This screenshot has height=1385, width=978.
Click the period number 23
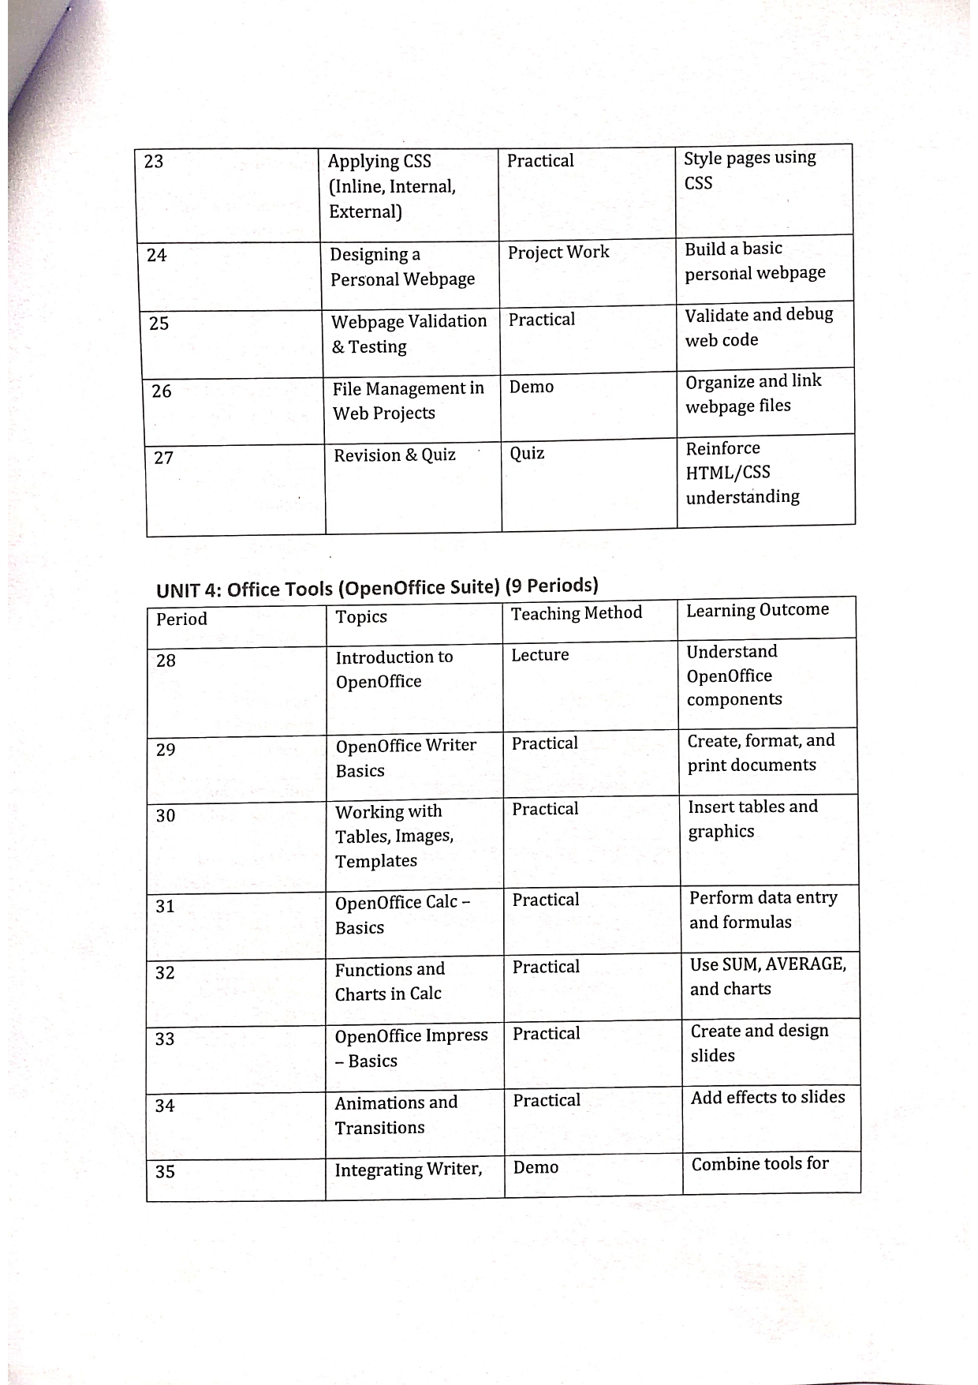click(x=154, y=162)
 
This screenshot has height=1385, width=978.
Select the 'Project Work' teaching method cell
click(x=558, y=252)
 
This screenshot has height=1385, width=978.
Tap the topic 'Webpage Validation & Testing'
click(x=409, y=334)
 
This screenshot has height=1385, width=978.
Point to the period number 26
click(x=161, y=391)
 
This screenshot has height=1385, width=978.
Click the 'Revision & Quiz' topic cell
click(x=394, y=455)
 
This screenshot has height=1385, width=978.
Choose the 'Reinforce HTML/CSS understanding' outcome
click(x=742, y=472)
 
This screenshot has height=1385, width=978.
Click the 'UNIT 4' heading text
click(x=377, y=588)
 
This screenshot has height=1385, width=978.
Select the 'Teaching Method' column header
click(x=577, y=613)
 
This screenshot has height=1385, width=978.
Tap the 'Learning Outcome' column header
click(x=757, y=610)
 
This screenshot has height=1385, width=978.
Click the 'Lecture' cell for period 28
click(x=540, y=655)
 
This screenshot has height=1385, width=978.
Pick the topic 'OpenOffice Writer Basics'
click(x=405, y=758)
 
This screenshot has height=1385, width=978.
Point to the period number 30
click(x=166, y=815)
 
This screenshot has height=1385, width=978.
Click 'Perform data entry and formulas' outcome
click(x=763, y=910)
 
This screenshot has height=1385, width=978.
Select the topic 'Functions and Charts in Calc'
click(x=390, y=981)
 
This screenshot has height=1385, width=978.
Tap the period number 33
click(x=165, y=1039)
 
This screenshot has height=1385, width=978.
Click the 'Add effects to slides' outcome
click(x=767, y=1097)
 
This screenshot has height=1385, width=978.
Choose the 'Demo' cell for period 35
click(x=536, y=1167)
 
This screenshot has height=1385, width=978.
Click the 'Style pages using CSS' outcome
click(x=749, y=170)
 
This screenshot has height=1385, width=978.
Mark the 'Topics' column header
click(x=361, y=617)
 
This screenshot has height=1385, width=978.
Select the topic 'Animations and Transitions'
click(x=395, y=1114)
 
